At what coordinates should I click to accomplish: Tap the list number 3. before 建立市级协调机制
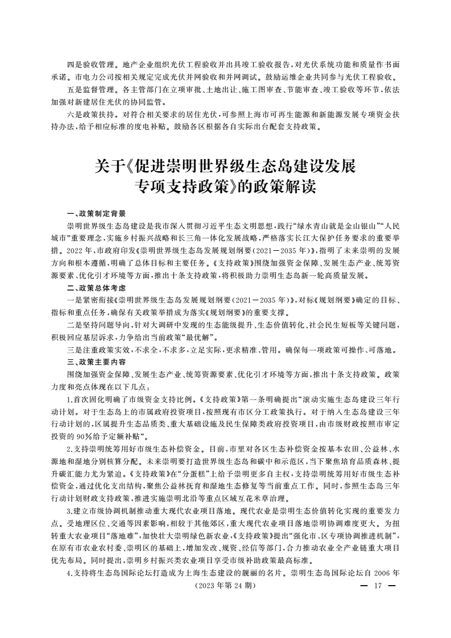point(69,513)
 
